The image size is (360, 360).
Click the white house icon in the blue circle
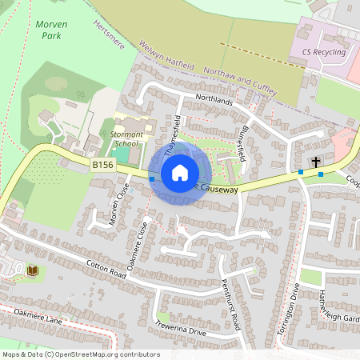click(180, 172)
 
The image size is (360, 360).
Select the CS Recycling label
click(324, 53)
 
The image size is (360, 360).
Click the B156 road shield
click(101, 165)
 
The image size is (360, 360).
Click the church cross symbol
click(316, 162)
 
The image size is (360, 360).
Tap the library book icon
click(33, 271)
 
